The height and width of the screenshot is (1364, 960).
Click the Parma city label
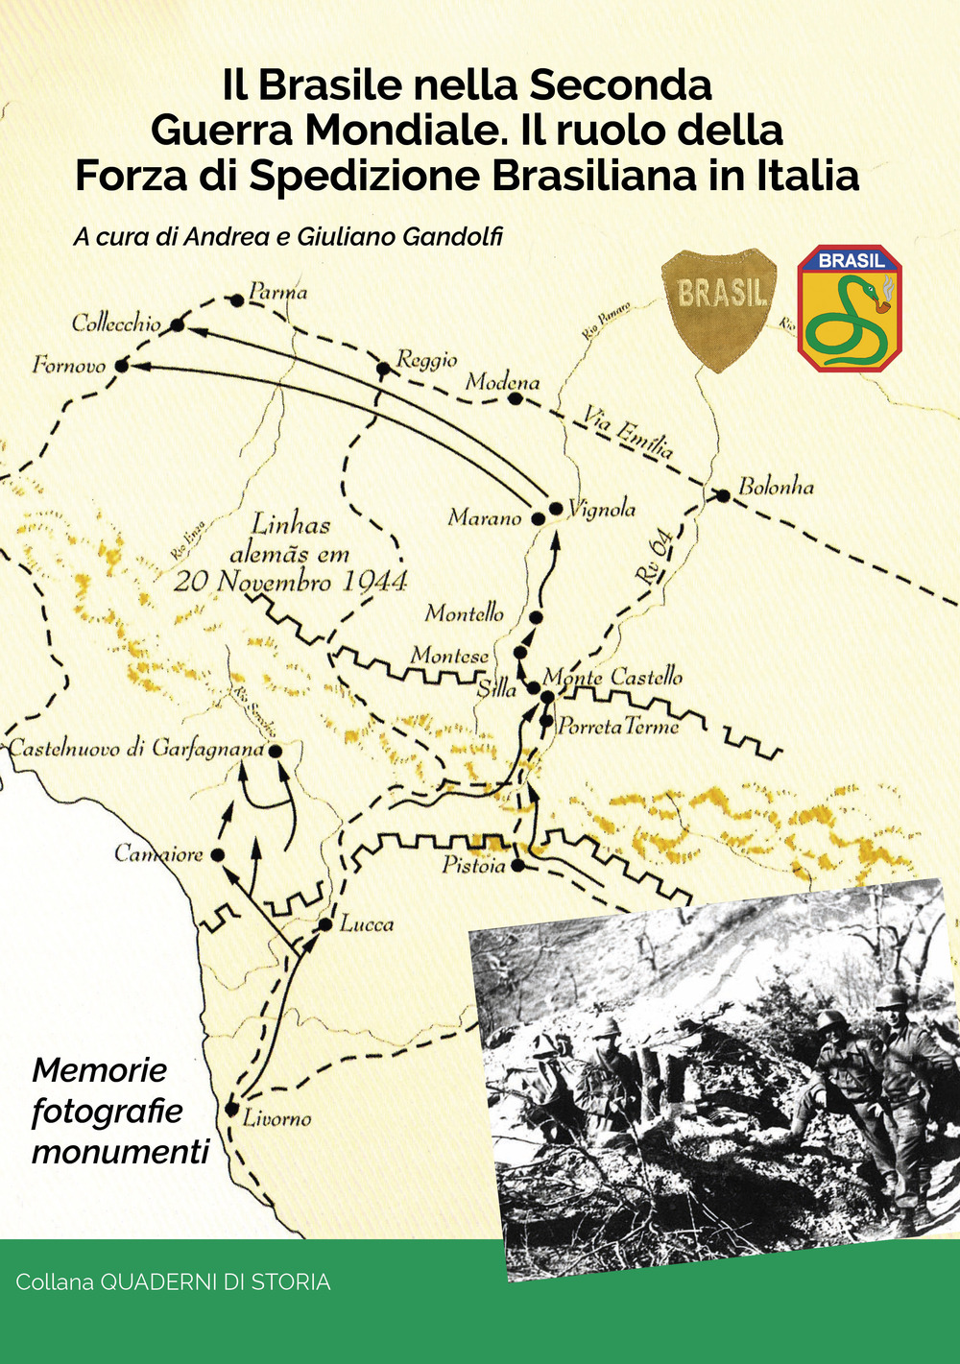tap(277, 291)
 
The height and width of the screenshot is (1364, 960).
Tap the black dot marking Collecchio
tap(177, 325)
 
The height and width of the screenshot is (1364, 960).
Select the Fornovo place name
tap(68, 365)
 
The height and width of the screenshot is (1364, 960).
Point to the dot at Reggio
tap(382, 368)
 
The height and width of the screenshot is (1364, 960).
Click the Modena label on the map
tap(502, 382)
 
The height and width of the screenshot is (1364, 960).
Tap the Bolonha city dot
tap(722, 495)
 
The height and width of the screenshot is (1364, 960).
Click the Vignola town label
tap(601, 509)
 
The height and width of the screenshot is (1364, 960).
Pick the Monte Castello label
tap(613, 677)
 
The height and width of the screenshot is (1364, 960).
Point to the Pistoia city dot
tap(518, 866)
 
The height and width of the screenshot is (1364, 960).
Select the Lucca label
tap(367, 924)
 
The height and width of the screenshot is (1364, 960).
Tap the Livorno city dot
tap(231, 1109)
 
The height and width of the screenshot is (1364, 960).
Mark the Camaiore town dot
tap(217, 854)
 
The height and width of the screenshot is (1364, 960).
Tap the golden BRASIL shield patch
tap(719, 305)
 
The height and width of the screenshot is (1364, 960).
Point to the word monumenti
tap(120, 1151)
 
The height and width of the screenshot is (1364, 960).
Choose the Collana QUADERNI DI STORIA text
tap(173, 1282)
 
